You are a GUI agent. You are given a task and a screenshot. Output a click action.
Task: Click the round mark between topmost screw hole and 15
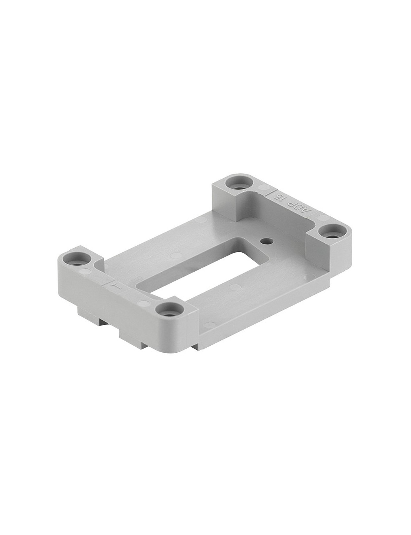[263, 188]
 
